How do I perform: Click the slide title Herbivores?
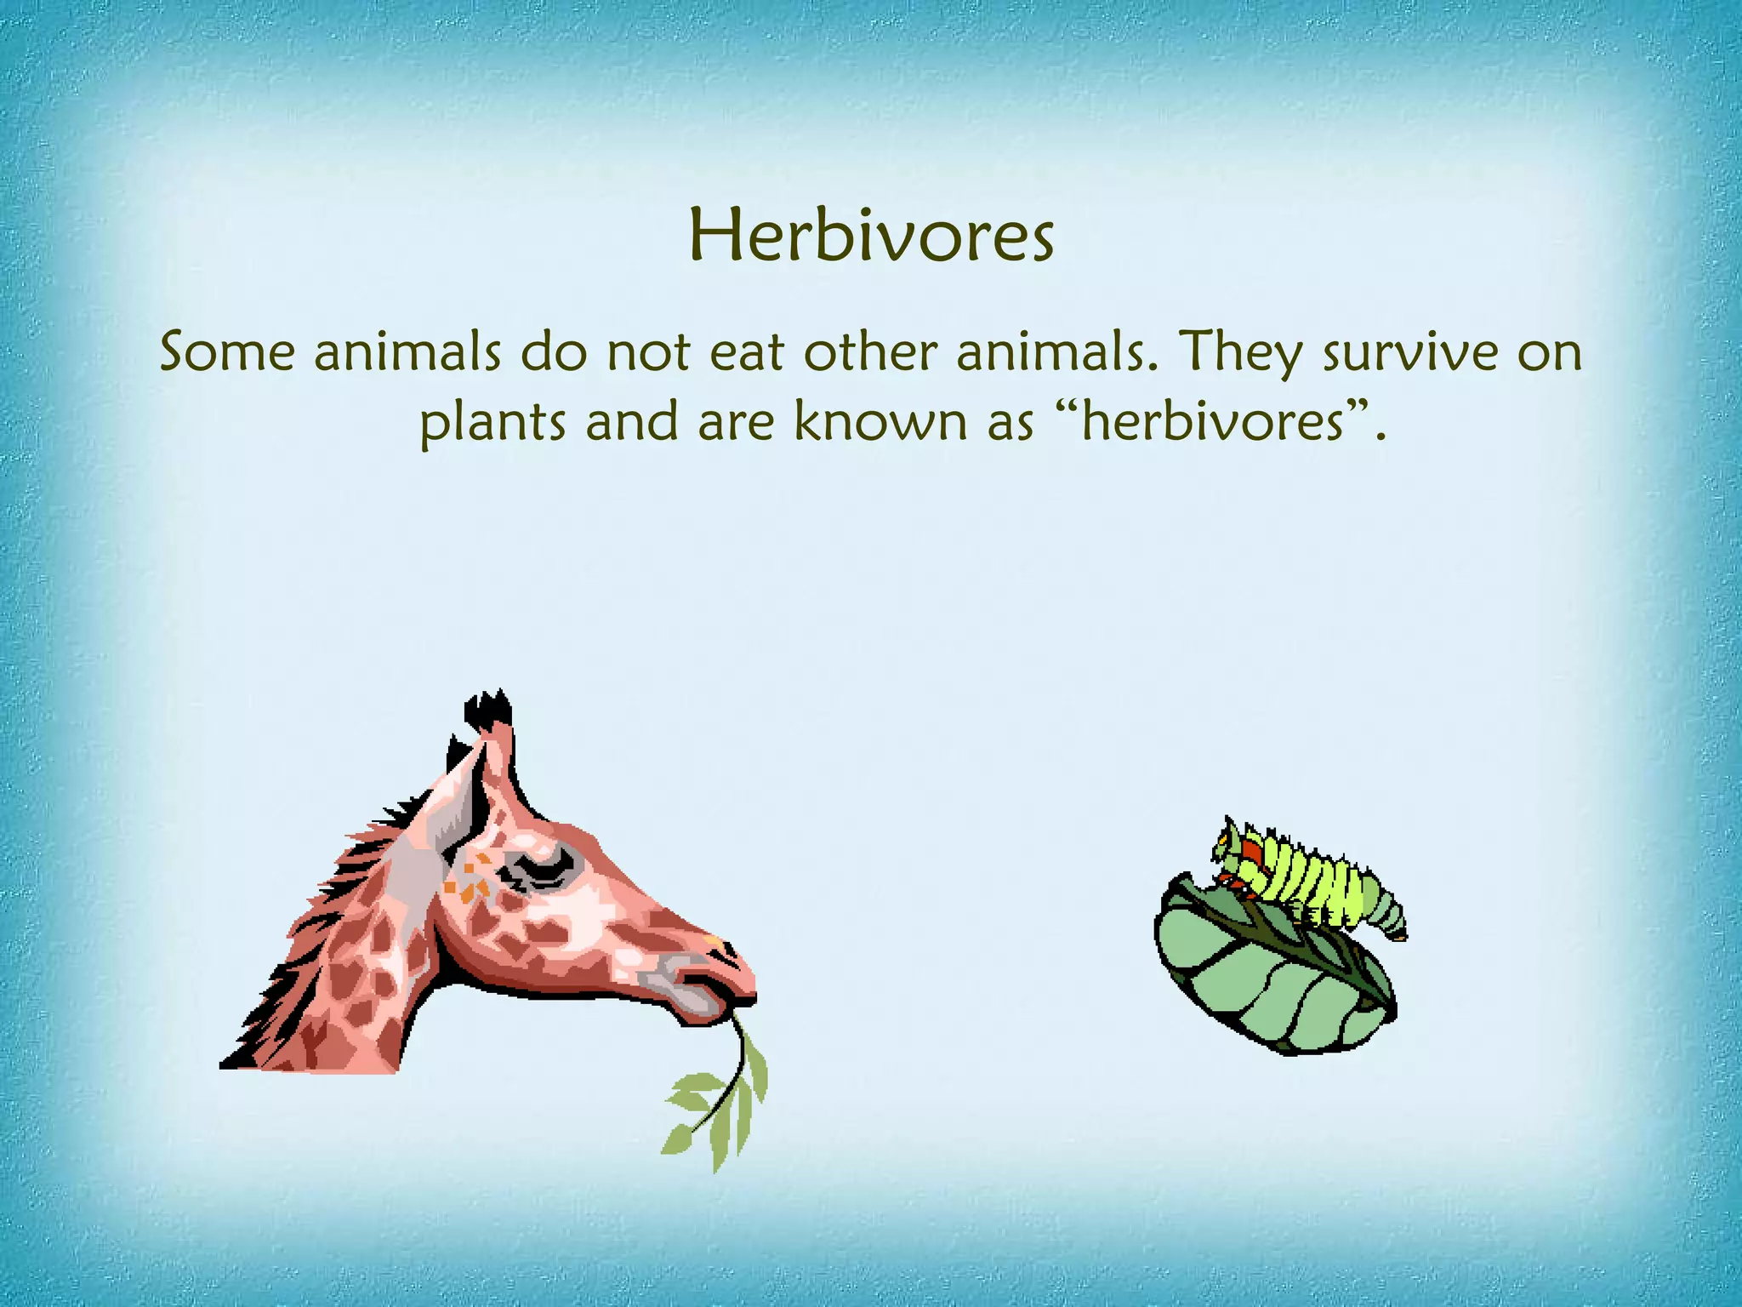871,237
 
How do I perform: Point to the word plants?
492,423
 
